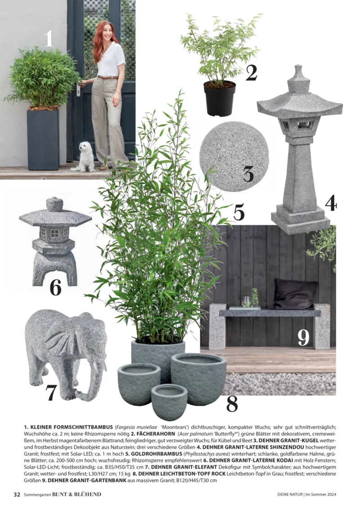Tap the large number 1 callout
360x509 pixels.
(49, 38)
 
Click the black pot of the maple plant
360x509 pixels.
(220, 98)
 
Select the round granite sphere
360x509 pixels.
(234, 157)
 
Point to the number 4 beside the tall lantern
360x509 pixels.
(331, 203)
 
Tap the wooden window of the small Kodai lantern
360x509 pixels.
(54, 233)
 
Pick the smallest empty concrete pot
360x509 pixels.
(169, 401)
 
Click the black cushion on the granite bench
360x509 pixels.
(295, 294)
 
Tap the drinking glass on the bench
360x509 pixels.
(246, 301)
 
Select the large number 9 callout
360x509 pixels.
(303, 338)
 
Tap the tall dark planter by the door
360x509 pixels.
(43, 140)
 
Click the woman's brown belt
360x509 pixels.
(108, 77)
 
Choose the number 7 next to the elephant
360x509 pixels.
(51, 392)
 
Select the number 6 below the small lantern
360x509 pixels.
(55, 287)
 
